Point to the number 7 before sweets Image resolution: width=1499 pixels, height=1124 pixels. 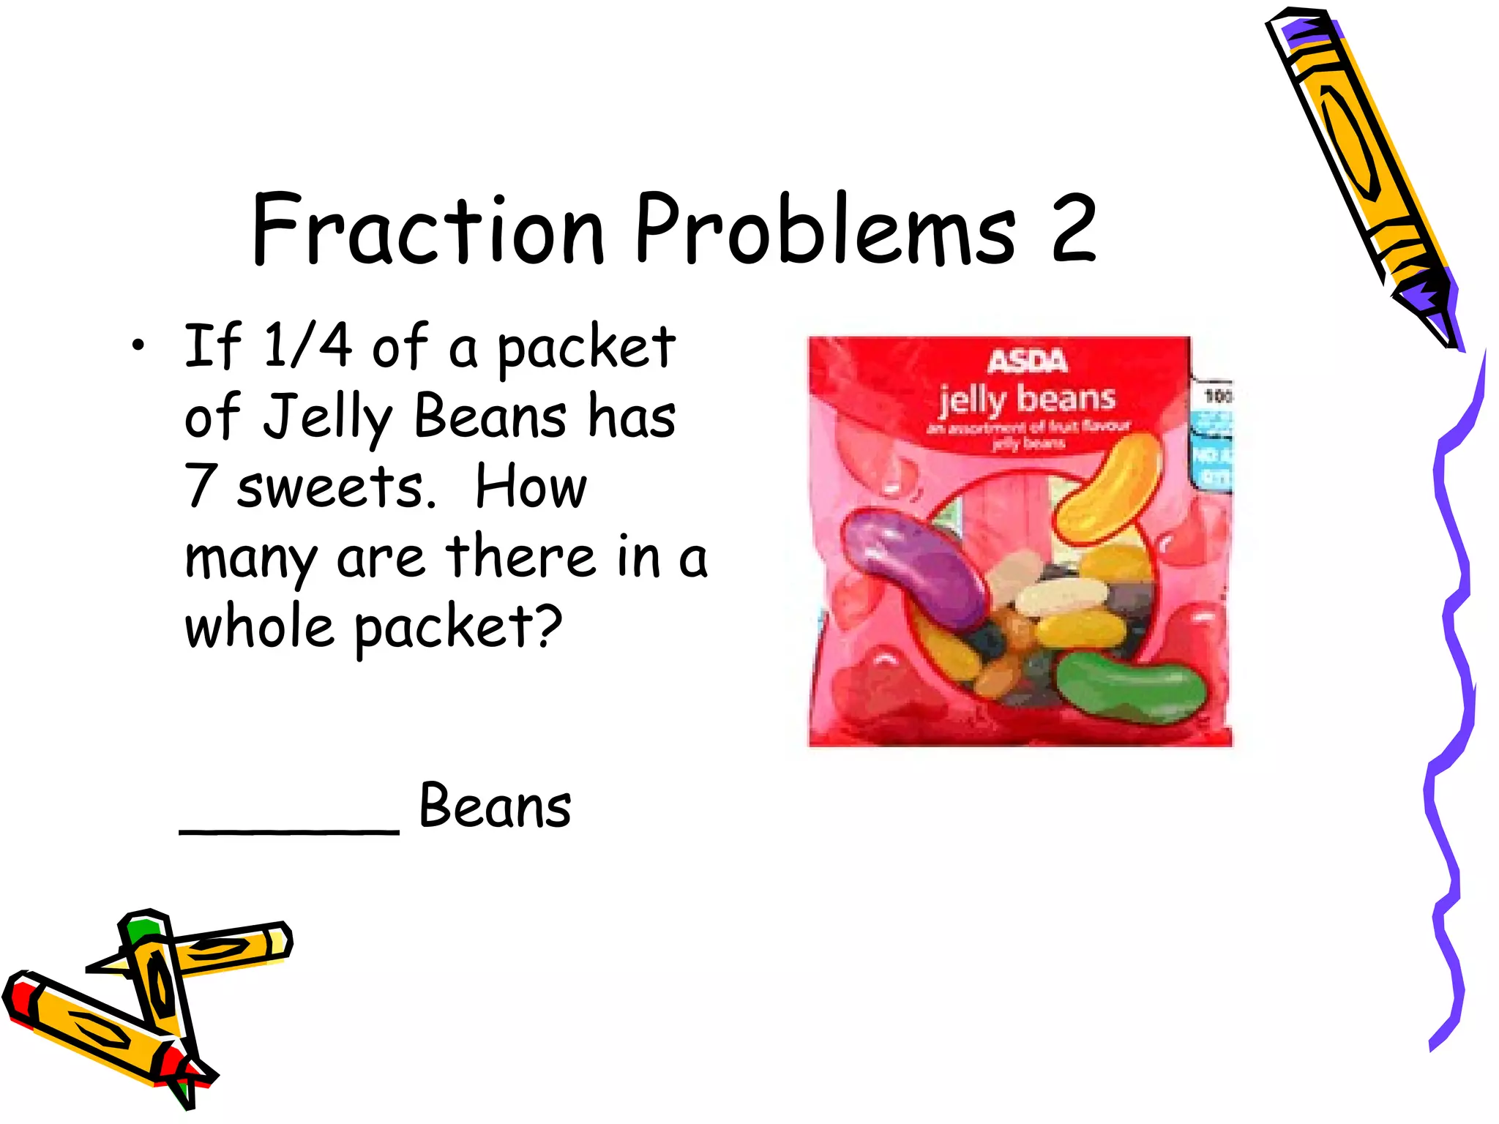pos(200,486)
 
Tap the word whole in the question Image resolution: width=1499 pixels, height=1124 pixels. pos(259,628)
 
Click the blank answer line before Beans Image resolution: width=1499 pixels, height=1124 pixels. pos(289,830)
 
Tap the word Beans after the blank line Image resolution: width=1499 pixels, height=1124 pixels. pos(495,806)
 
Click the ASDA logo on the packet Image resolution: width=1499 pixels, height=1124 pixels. pos(1028,361)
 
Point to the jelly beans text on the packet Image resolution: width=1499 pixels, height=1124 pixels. pos(1028,400)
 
